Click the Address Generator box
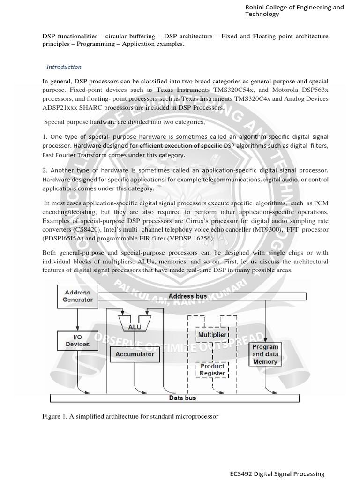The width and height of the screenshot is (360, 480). pyautogui.click(x=78, y=296)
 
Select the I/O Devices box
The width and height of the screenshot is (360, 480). pyautogui.click(x=77, y=340)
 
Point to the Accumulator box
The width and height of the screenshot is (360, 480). pyautogui.click(x=135, y=354)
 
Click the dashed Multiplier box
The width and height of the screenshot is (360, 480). pyautogui.click(x=213, y=335)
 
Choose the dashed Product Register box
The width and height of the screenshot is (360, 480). pyautogui.click(x=212, y=369)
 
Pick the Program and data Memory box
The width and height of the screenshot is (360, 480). pyautogui.click(x=265, y=354)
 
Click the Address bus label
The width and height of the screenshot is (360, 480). pyautogui.click(x=187, y=296)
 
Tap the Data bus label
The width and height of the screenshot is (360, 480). pyautogui.click(x=182, y=398)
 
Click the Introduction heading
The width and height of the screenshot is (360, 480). pyautogui.click(x=64, y=67)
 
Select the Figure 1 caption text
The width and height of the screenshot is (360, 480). pyautogui.click(x=130, y=416)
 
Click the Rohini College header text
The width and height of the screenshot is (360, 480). pyautogui.click(x=294, y=10)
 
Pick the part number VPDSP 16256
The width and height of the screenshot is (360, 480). pyautogui.click(x=193, y=238)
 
